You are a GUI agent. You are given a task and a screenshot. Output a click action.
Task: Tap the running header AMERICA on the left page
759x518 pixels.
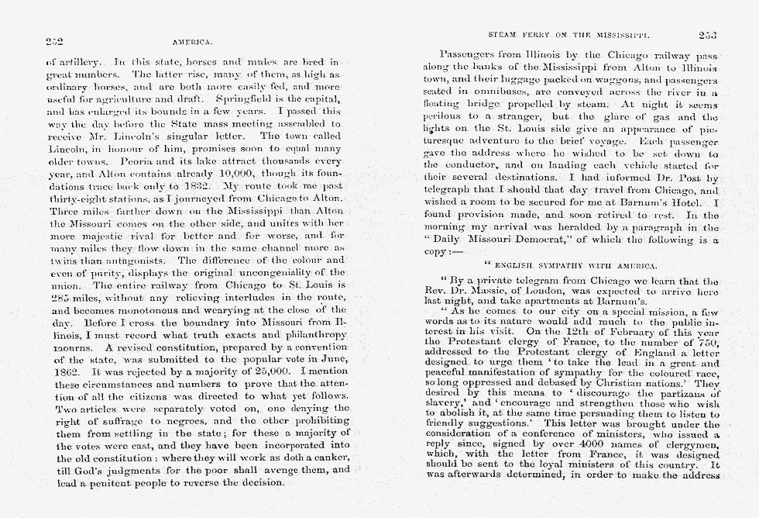pyautogui.click(x=191, y=43)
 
